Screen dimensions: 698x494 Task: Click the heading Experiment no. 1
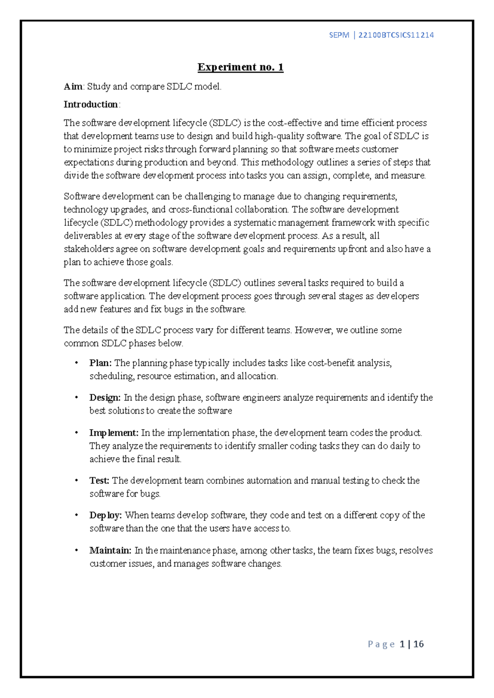pyautogui.click(x=240, y=67)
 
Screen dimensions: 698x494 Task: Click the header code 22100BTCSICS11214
pyautogui.click(x=396, y=35)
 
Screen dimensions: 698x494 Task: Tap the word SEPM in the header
pyautogui.click(x=339, y=35)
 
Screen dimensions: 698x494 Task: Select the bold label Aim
pyautogui.click(x=73, y=86)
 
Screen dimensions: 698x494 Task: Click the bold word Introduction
pyautogui.click(x=91, y=105)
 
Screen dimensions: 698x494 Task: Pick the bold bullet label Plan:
pyautogui.click(x=100, y=363)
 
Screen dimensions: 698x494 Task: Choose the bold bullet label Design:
pyautogui.click(x=105, y=398)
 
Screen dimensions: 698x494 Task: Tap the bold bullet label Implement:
pyautogui.click(x=114, y=433)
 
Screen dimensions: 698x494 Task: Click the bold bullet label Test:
pyautogui.click(x=99, y=481)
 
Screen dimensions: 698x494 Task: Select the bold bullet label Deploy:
pyautogui.click(x=105, y=515)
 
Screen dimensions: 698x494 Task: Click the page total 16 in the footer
pyautogui.click(x=419, y=644)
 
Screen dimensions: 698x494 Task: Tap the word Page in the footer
pyautogui.click(x=381, y=644)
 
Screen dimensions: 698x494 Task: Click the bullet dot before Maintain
pyautogui.click(x=77, y=550)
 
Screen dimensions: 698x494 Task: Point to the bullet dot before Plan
pyautogui.click(x=77, y=363)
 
